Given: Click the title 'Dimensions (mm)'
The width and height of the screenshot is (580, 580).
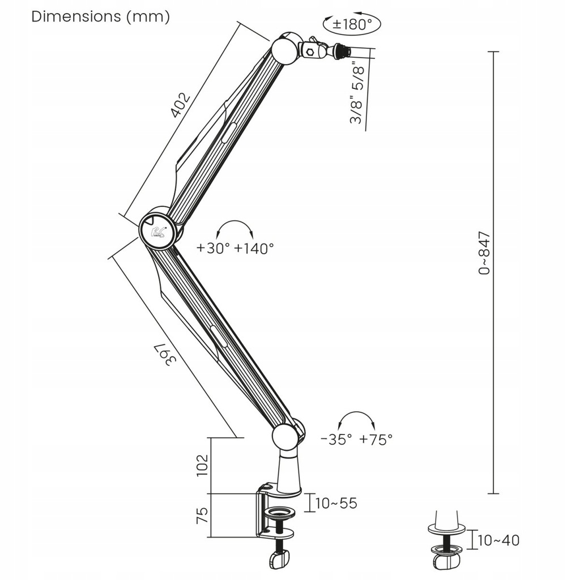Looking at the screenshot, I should pyautogui.click(x=101, y=17).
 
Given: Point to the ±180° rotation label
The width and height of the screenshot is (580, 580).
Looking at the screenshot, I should pyautogui.click(x=351, y=24).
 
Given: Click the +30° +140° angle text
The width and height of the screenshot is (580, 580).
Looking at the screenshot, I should pyautogui.click(x=235, y=248).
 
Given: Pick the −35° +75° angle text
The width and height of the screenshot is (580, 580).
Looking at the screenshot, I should pyautogui.click(x=356, y=439).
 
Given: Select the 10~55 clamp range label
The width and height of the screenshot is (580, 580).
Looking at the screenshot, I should pyautogui.click(x=336, y=503).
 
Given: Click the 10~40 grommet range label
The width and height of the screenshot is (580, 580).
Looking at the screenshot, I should pyautogui.click(x=498, y=541).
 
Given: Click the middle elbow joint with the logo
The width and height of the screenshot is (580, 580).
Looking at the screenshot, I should pyautogui.click(x=157, y=230).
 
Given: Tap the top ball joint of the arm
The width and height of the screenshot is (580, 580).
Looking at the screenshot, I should pyautogui.click(x=284, y=51).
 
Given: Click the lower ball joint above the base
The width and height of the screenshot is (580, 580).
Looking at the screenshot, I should pyautogui.click(x=286, y=437).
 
